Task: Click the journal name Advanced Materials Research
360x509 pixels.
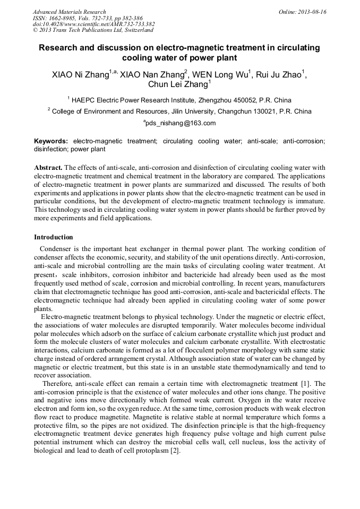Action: [69, 12]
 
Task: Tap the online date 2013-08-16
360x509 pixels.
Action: [311, 12]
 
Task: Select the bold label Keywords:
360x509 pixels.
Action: [51, 141]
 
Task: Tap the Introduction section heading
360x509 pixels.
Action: [53, 237]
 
